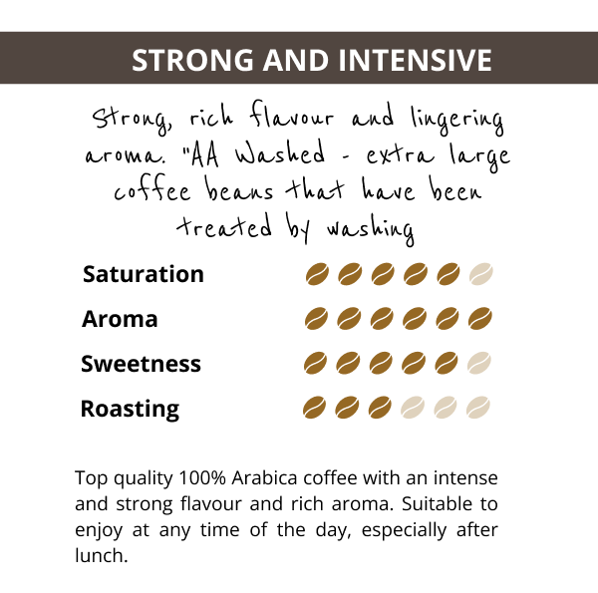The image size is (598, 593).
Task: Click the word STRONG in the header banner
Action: [x=192, y=60]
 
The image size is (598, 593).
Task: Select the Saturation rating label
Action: [x=144, y=274]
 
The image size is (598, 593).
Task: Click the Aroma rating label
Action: [x=120, y=319]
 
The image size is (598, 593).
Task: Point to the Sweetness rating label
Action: [x=141, y=364]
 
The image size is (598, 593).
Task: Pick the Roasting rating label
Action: [x=130, y=409]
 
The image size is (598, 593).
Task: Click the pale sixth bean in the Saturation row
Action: [x=481, y=274]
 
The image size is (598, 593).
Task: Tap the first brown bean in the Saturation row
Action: [x=317, y=274]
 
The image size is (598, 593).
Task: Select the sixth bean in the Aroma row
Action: [x=480, y=319]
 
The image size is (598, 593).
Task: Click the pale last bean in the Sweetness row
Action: [x=479, y=363]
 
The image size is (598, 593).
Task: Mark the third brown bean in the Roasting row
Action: [x=380, y=408]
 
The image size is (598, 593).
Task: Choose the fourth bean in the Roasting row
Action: [x=413, y=408]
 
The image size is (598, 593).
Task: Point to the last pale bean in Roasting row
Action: [x=478, y=408]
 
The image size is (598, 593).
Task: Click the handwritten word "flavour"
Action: [x=292, y=115]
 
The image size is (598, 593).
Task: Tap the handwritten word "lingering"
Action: [x=457, y=119]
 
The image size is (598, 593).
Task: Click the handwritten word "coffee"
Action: [x=152, y=188]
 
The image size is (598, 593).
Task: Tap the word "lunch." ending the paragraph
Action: [x=101, y=556]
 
